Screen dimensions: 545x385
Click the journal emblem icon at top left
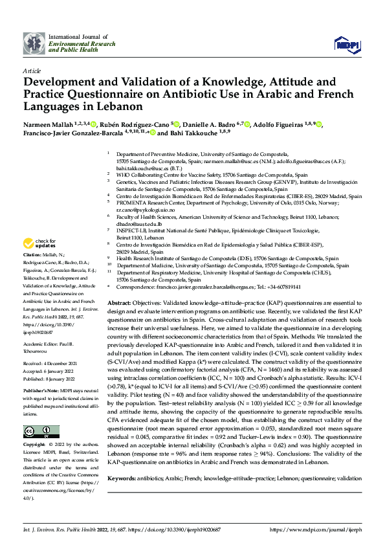pos(32,43)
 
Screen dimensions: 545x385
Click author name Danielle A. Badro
pos(208,124)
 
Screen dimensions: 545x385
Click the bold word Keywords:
pos(123,478)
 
